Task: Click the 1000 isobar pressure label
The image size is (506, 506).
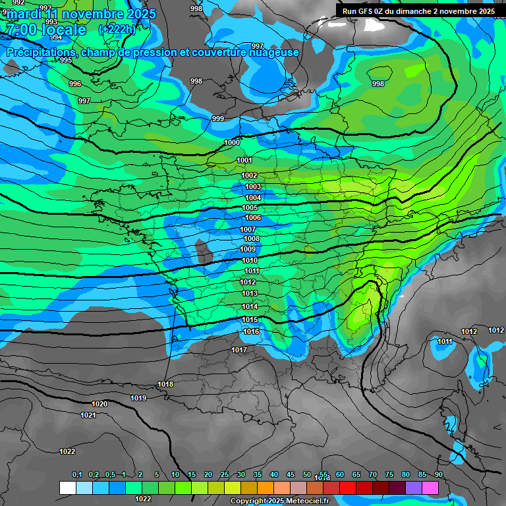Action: [x=232, y=143]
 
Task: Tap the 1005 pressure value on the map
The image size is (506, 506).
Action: [x=250, y=208]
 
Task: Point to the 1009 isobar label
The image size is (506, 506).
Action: [x=248, y=250]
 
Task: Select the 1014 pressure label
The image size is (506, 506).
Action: [x=250, y=307]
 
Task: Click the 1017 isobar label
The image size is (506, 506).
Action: [x=239, y=350]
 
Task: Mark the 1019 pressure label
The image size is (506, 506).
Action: [x=138, y=398]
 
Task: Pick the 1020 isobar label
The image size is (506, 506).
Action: [x=99, y=404]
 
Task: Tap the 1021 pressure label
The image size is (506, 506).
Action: [x=88, y=415]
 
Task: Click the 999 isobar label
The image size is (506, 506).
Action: [x=218, y=119]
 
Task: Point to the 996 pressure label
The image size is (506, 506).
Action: [x=75, y=84]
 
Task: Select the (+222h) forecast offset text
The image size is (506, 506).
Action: [x=117, y=30]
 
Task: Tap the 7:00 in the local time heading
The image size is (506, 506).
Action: [x=21, y=30]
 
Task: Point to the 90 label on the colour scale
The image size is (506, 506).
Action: [x=438, y=474]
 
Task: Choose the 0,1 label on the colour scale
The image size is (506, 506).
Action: [x=77, y=474]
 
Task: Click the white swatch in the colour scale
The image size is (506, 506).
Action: [x=67, y=488]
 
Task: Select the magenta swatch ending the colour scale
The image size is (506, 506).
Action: [x=430, y=488]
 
